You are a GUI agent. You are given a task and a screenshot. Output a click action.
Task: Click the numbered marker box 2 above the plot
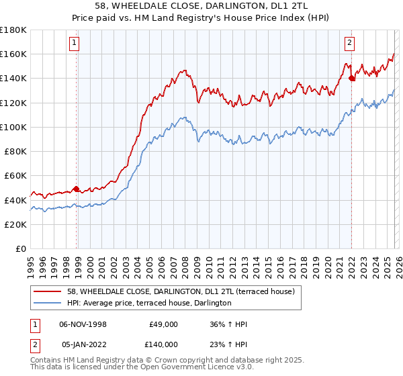coord(350,43)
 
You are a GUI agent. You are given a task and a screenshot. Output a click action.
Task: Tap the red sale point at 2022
coord(351,79)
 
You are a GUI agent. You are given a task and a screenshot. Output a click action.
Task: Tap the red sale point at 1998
coord(76,189)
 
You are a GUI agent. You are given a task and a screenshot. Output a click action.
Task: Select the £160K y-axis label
coord(15,54)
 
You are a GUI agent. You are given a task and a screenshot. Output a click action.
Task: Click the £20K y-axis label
coord(17,224)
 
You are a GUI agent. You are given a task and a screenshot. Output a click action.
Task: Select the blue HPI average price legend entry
coord(149,303)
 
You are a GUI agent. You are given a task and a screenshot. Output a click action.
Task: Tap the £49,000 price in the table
coord(163,324)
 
